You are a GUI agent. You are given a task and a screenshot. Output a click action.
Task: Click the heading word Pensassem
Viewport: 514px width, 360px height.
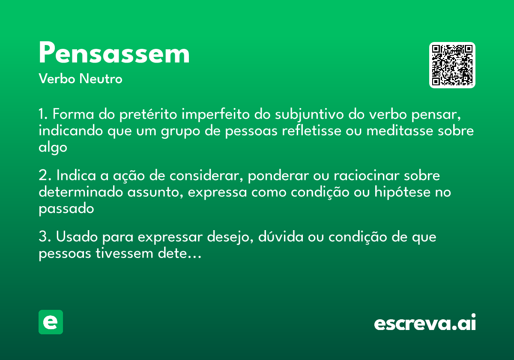point(114,54)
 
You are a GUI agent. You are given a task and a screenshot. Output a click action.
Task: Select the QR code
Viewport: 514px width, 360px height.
point(452,65)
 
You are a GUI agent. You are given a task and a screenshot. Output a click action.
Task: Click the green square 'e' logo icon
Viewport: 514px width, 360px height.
point(51,322)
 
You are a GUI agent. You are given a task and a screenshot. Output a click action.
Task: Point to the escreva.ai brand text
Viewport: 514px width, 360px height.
point(424,323)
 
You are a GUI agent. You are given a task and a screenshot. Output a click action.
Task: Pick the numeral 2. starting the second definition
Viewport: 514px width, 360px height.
point(45,176)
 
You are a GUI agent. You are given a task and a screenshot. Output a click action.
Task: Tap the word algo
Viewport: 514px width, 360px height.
point(53,148)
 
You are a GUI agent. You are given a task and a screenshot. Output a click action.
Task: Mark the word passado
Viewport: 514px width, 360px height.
point(66,209)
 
